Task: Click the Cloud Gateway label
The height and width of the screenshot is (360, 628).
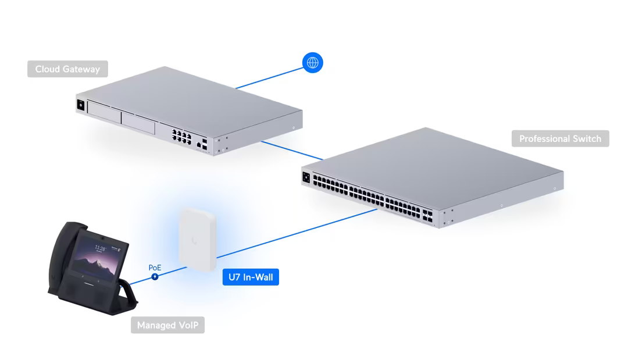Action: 67,69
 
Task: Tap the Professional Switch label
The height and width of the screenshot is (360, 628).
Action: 560,138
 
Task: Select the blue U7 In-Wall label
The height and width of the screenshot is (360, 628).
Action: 251,277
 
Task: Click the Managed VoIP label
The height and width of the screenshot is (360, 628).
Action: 167,325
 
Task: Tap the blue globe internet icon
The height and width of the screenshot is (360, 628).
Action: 312,62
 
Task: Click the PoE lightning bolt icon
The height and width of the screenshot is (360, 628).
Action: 155,276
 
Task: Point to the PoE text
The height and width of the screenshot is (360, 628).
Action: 155,268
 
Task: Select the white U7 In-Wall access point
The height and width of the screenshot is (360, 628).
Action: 198,236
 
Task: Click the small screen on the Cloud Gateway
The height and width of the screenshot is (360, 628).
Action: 80,105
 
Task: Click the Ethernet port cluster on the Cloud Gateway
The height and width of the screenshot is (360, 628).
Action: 181,136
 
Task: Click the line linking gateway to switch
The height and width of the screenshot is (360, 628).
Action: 291,149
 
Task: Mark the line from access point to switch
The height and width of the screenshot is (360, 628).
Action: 297,233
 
